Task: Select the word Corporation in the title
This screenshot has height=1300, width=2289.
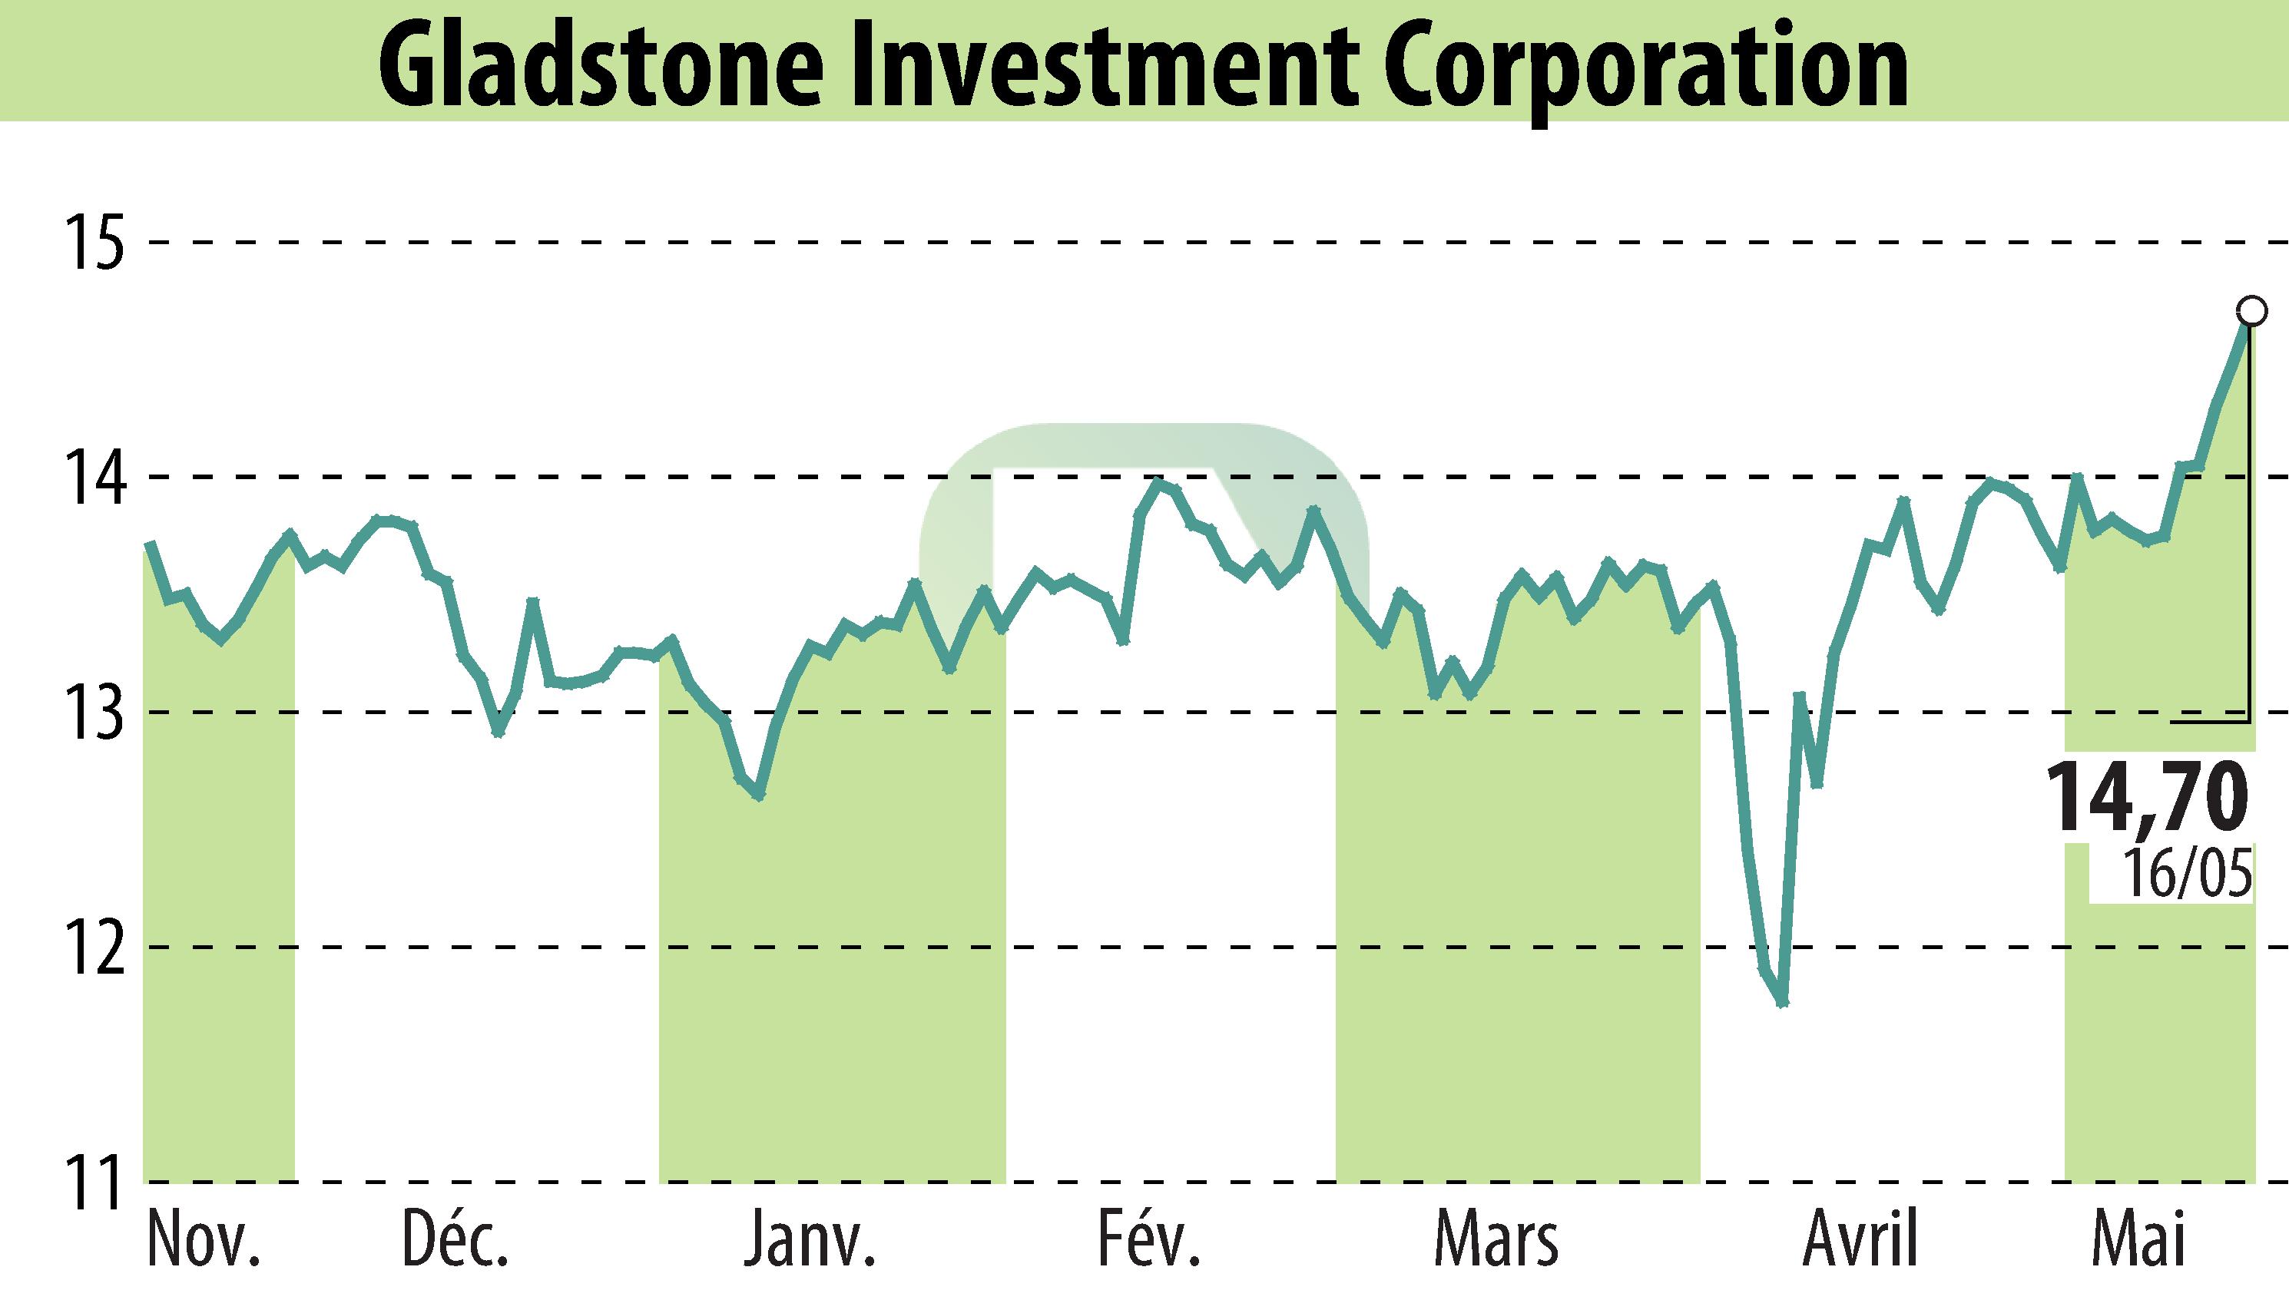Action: click(x=1647, y=68)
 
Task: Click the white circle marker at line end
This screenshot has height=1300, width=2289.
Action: click(x=2251, y=311)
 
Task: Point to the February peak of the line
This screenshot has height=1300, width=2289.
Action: click(x=1158, y=482)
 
